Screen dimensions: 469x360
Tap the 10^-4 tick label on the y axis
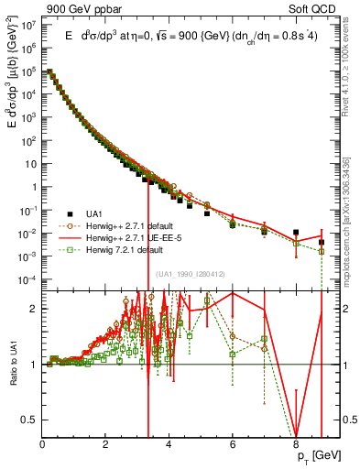click(x=27, y=278)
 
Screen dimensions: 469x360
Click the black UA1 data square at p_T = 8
click(x=296, y=233)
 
